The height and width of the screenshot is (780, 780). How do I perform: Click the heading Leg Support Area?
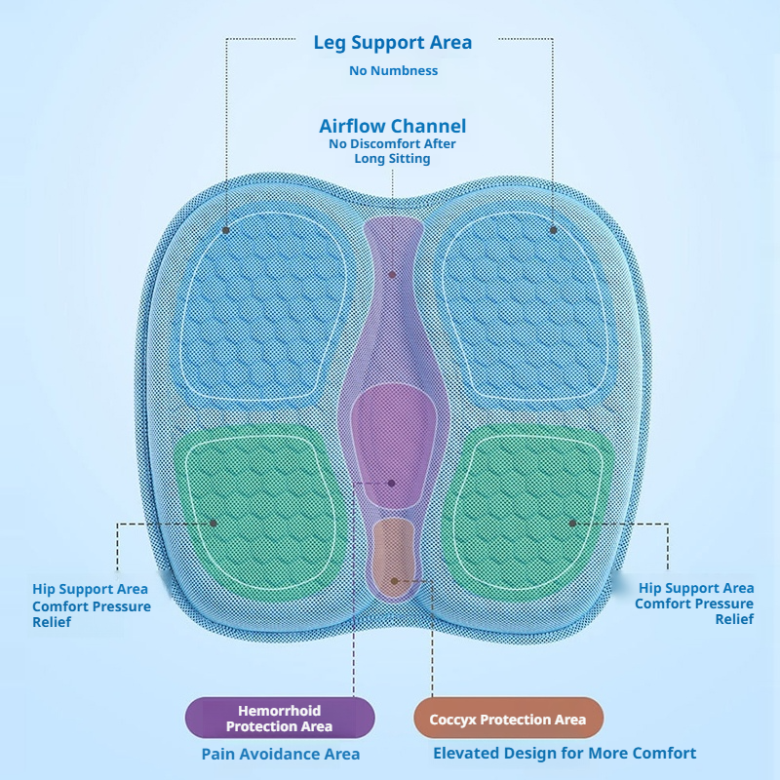(393, 43)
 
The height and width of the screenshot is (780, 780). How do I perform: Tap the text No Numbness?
(393, 70)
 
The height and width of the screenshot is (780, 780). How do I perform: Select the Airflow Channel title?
(393, 126)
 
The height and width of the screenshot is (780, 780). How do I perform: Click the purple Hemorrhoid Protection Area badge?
(280, 718)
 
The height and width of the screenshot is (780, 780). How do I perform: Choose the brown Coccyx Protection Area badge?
(508, 718)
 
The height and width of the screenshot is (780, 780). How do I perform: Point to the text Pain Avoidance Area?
(281, 754)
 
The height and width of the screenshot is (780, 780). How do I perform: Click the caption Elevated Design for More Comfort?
(565, 753)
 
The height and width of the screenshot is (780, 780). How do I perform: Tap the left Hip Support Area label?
(90, 589)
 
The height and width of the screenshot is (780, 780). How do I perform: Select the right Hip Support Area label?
(696, 588)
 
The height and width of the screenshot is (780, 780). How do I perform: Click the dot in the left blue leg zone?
(226, 230)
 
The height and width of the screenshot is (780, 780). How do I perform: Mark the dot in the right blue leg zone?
(553, 230)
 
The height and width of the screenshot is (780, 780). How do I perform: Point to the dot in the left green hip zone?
(214, 523)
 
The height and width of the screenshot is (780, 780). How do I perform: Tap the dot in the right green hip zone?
(572, 523)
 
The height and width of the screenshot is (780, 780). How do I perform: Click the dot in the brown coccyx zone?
(394, 580)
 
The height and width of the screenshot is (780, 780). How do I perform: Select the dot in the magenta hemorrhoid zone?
(392, 483)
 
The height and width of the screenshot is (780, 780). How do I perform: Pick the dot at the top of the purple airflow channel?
(393, 275)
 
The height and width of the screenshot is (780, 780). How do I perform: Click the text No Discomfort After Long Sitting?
(393, 151)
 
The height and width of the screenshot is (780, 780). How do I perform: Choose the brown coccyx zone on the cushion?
(393, 556)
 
